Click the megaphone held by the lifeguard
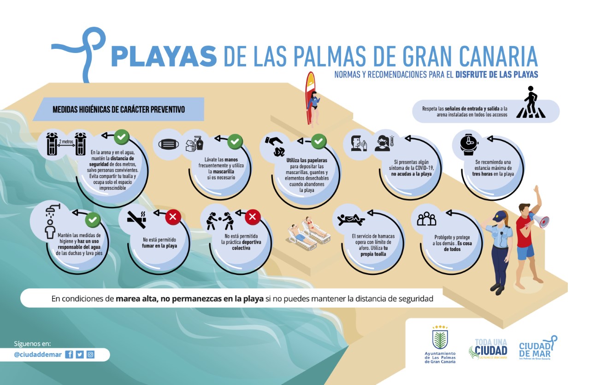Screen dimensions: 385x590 pos(540,220)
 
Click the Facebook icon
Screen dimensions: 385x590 pos(69,354)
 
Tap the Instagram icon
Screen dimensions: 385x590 pos(91,354)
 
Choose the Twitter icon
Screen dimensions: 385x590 pos(80,354)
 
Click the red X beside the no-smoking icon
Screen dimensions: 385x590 pos(173,216)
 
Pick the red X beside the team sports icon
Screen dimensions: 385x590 pos(253,216)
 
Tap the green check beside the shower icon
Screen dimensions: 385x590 pos(93,219)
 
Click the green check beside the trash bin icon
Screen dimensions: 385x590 pos(319,141)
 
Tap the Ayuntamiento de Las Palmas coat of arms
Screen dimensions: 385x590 pos(440,338)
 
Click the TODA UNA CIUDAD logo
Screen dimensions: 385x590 pos(488,349)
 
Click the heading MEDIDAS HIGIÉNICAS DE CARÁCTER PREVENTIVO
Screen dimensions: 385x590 pos(119,110)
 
